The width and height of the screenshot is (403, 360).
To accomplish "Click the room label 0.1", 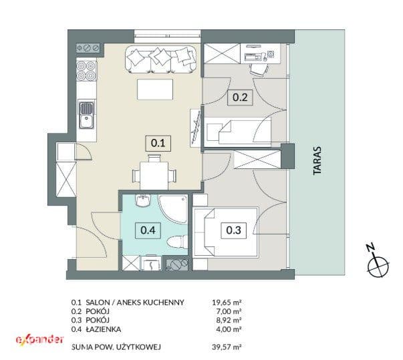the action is click(x=158, y=143).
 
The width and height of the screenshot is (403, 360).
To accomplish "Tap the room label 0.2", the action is click(x=240, y=98).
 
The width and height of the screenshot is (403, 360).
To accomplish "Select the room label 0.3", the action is click(x=234, y=230).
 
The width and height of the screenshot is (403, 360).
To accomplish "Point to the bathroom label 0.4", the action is click(x=148, y=230).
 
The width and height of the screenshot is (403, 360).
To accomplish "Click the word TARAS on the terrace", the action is click(x=317, y=161).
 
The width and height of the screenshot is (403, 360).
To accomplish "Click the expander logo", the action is click(x=39, y=339).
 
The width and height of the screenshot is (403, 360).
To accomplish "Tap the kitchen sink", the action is click(x=87, y=116).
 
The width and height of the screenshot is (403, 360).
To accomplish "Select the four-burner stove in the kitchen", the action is click(x=86, y=70).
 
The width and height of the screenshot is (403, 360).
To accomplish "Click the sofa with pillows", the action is click(x=161, y=59).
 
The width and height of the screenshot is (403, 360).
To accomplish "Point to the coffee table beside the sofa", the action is click(x=155, y=89).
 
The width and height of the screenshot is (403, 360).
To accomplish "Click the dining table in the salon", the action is click(x=154, y=175).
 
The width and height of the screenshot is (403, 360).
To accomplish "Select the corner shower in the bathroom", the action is click(x=172, y=209).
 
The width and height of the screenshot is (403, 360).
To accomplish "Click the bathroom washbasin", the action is click(x=142, y=200).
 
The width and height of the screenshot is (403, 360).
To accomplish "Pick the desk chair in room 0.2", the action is click(x=259, y=69).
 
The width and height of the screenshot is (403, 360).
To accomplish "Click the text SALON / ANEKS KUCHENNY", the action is click(x=135, y=302).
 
